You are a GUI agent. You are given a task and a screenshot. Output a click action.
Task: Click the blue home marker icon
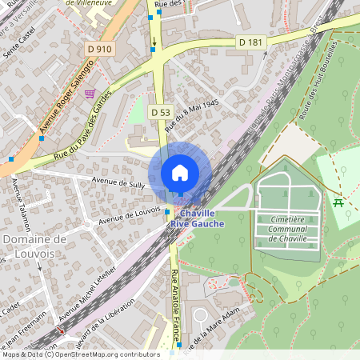click(180, 173)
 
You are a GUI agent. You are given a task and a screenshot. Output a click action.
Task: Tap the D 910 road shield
click(98, 49)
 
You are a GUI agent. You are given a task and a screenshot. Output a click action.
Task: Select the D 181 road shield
click(250, 42)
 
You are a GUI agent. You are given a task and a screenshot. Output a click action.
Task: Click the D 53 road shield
click(160, 113)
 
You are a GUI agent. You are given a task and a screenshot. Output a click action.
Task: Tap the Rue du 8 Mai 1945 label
click(191, 116)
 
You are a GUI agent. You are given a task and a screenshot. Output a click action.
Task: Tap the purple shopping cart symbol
click(89, 94)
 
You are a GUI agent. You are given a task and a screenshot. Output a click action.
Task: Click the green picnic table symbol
click(338, 202)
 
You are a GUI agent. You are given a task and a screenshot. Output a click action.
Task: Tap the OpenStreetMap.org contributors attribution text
click(104, 354)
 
